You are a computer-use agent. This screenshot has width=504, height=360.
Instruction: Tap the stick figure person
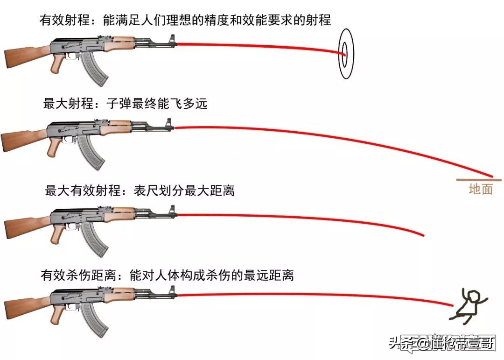click(469, 306)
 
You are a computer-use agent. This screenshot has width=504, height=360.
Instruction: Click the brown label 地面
click(480, 190)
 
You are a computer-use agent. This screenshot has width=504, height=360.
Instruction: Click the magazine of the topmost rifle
click(96, 70)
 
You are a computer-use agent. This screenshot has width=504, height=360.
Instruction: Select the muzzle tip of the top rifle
click(175, 45)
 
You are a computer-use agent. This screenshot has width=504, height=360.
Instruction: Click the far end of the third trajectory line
click(423, 234)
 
